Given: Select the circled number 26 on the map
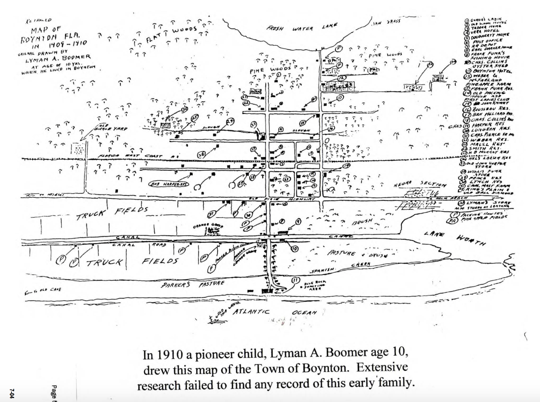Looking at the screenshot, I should coord(201,154).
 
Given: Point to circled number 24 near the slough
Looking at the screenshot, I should coord(230,122).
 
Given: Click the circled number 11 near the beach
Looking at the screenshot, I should coord(295,281).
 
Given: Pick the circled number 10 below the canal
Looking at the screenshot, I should coord(294,248).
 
